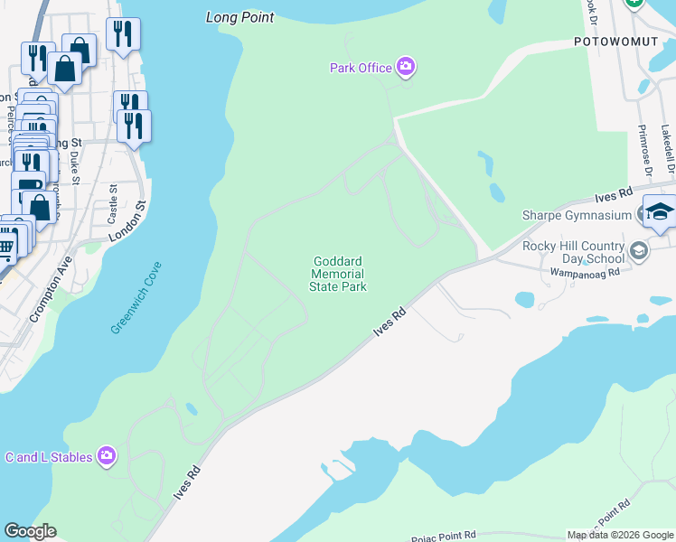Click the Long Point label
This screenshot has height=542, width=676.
[239, 17]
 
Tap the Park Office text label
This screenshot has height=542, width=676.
[361, 68]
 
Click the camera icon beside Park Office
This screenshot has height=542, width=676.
[406, 66]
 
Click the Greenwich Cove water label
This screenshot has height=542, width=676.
[136, 298]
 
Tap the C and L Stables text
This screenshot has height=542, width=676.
[49, 457]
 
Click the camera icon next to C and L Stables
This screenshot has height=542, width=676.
[108, 456]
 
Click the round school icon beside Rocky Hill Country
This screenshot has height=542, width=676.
[640, 250]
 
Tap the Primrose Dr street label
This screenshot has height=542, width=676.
[646, 152]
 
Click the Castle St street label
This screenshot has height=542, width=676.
[113, 204]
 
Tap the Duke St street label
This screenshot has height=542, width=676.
[76, 167]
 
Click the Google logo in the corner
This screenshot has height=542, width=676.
[30, 531]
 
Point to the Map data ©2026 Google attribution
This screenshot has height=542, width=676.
[620, 535]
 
